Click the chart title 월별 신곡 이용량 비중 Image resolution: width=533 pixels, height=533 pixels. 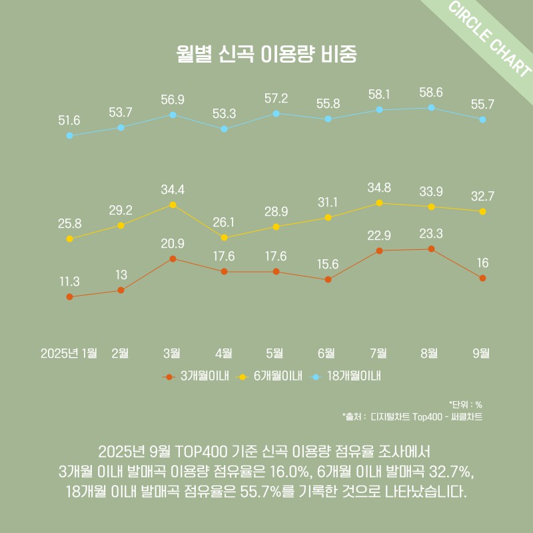pyautogui.click(x=266, y=54)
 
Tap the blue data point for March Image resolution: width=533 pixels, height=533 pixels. pyautogui.click(x=173, y=115)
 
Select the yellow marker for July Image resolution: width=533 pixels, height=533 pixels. pyautogui.click(x=379, y=203)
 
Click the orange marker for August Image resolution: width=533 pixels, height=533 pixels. pyautogui.click(x=431, y=249)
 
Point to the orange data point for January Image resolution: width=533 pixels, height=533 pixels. pyautogui.click(x=69, y=296)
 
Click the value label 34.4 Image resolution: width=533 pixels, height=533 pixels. pyautogui.click(x=173, y=190)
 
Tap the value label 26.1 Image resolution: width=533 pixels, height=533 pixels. pyautogui.click(x=224, y=222)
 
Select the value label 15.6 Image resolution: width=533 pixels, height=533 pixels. pyautogui.click(x=327, y=265)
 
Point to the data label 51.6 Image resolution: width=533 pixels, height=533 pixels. pyautogui.click(x=69, y=121)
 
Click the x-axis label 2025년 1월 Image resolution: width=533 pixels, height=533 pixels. pyautogui.click(x=69, y=353)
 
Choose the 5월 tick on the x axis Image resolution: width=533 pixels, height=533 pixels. pyautogui.click(x=275, y=353)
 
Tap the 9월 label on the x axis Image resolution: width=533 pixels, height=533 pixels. pyautogui.click(x=481, y=353)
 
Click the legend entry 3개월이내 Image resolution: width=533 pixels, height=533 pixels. pyautogui.click(x=197, y=376)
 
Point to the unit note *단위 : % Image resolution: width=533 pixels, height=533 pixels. pyautogui.click(x=466, y=404)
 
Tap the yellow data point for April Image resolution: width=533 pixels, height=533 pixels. pyautogui.click(x=224, y=237)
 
